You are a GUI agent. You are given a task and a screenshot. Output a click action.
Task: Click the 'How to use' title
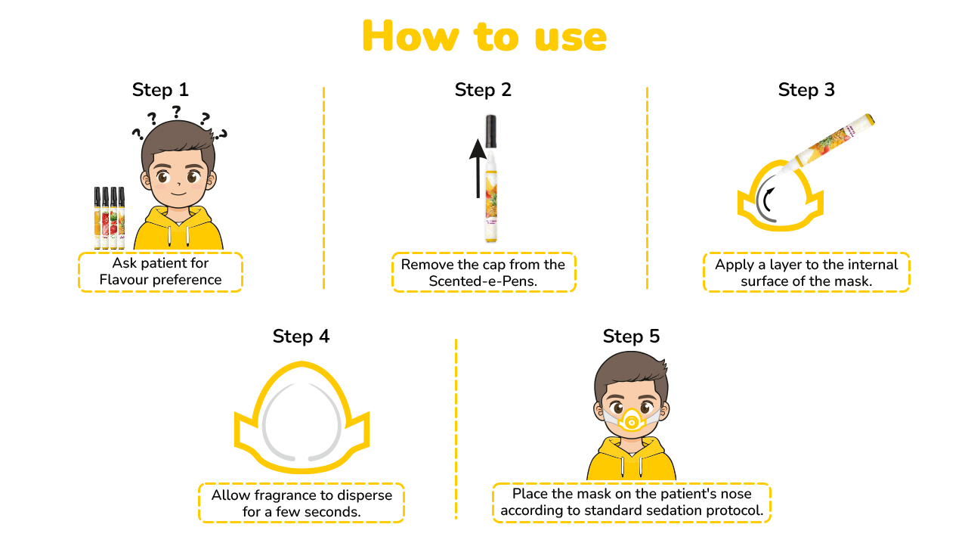484,36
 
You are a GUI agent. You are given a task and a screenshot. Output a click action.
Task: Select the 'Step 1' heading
160,90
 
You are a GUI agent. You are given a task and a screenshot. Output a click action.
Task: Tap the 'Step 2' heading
483,90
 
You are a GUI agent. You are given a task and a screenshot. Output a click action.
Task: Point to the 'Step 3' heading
806,90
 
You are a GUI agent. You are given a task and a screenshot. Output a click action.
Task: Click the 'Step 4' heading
301,336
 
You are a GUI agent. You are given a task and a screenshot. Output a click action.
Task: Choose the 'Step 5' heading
631,336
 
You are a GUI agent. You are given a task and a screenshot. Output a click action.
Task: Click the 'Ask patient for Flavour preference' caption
160,271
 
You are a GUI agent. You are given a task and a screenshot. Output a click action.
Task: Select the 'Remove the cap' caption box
483,272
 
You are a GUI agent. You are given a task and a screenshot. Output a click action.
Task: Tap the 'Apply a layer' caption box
806,272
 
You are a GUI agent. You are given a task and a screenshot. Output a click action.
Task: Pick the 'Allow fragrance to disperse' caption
302,503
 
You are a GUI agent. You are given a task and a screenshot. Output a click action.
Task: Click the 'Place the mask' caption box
632,502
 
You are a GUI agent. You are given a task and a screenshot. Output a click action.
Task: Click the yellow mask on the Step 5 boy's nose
631,420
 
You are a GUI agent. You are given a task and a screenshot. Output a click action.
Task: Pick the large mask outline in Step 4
301,420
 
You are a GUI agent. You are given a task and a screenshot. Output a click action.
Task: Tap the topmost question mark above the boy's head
176,112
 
